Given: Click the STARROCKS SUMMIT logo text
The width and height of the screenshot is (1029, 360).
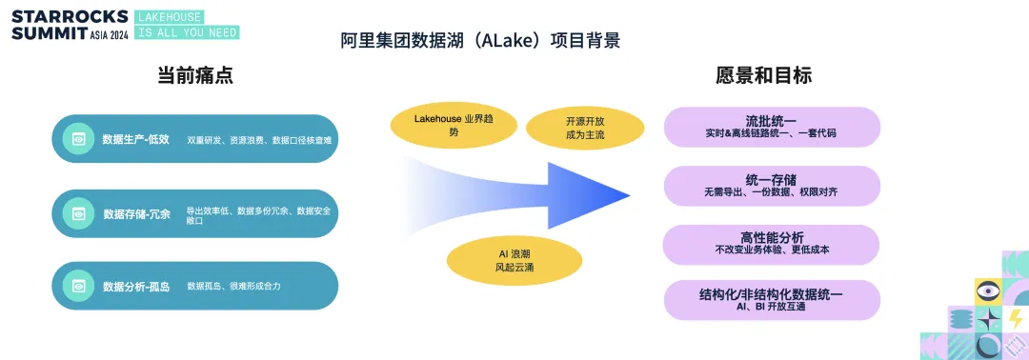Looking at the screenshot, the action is click(x=71, y=24).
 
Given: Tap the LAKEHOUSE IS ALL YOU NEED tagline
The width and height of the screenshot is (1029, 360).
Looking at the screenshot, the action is click(x=187, y=24).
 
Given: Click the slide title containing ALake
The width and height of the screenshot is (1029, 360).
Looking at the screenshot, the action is click(x=480, y=41).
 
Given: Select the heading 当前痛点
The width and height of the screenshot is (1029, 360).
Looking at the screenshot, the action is click(x=195, y=75).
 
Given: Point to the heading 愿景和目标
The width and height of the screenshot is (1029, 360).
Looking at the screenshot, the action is click(x=763, y=75).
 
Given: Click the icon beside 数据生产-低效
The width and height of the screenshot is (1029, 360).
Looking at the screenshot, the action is click(x=78, y=139).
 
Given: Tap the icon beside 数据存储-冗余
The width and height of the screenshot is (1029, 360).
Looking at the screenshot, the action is click(x=78, y=213).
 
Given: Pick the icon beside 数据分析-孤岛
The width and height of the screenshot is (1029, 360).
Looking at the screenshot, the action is click(x=78, y=286).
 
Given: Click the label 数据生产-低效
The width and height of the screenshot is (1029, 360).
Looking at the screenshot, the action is click(x=136, y=139).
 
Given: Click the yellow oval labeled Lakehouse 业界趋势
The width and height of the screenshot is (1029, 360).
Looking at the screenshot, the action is click(x=454, y=126).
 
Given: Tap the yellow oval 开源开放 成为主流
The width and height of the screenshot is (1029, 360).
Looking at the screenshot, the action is click(x=575, y=128).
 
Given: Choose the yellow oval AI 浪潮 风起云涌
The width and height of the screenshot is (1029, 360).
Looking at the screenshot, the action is click(x=514, y=260).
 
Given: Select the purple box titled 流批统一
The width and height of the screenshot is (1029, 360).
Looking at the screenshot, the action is click(x=772, y=127).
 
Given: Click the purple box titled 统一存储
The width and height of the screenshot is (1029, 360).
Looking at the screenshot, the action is click(x=772, y=186).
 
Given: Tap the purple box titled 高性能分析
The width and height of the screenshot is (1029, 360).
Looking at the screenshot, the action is click(x=772, y=245).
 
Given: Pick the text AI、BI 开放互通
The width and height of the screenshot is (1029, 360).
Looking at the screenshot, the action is click(x=771, y=307).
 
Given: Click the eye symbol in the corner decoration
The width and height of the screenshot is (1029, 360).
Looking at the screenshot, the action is click(x=988, y=291).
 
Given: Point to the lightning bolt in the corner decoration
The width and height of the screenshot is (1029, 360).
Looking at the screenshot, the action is click(x=1016, y=319).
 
